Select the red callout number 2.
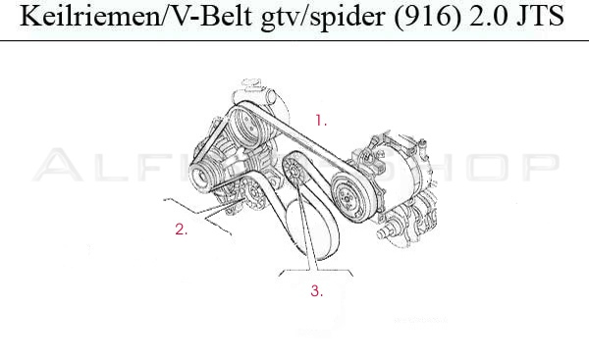coord(181,231)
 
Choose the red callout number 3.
coord(316,290)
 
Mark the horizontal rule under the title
coord(294,41)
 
